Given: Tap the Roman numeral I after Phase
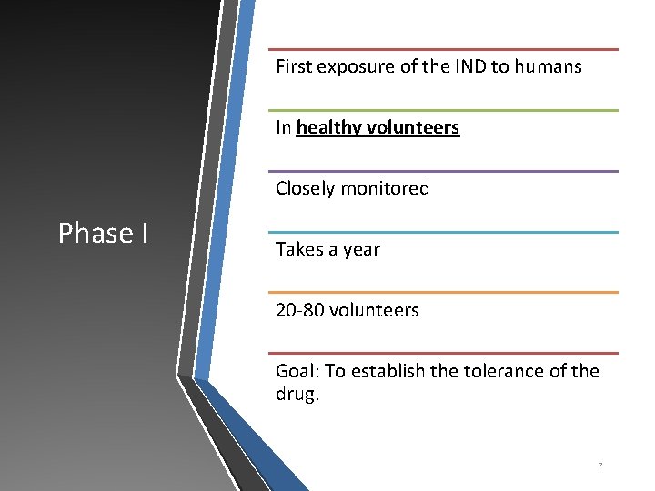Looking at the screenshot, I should click(x=145, y=234).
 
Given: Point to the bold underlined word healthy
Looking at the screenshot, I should click(x=329, y=127).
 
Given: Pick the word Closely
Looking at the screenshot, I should click(x=305, y=188).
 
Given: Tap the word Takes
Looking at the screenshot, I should click(x=298, y=249).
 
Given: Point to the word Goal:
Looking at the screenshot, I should click(x=297, y=371).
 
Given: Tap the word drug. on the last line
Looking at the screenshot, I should click(x=298, y=395).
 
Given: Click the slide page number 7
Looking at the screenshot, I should click(x=600, y=466).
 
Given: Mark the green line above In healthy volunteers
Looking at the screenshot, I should click(x=443, y=110).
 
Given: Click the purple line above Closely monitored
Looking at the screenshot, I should click(x=443, y=171).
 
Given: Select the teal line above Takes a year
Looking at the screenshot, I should click(x=443, y=232).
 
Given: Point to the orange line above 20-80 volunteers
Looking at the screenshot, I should click(x=443, y=292).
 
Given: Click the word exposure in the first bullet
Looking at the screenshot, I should click(x=355, y=66).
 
